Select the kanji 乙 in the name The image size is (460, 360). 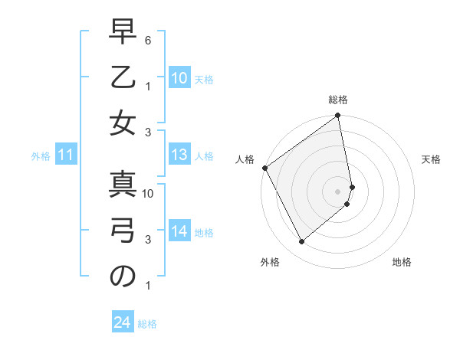[x=123, y=79]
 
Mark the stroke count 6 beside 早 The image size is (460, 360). [x=149, y=38]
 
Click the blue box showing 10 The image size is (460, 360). [x=179, y=78]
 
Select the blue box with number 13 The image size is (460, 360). [x=179, y=155]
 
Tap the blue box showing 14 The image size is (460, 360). [x=179, y=231]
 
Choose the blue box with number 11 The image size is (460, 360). [x=65, y=155]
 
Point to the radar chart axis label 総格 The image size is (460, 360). [x=338, y=100]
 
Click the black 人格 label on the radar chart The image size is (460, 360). [x=245, y=159]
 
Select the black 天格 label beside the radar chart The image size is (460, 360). [x=431, y=159]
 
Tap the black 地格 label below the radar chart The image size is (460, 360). [x=402, y=262]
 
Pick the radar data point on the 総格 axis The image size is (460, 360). [x=338, y=116]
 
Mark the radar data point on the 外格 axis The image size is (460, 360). [x=301, y=242]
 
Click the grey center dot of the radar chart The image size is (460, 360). [x=338, y=191]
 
